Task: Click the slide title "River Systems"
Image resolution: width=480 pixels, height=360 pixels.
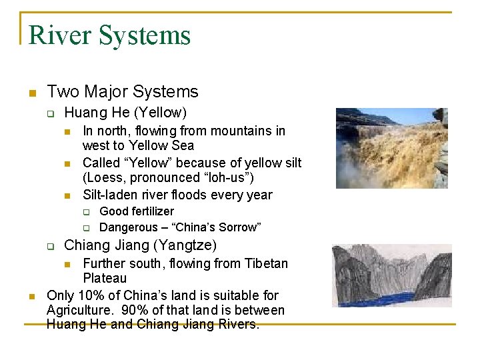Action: coord(110,35)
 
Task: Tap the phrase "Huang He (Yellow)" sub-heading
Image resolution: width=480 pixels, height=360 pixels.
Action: coord(125,113)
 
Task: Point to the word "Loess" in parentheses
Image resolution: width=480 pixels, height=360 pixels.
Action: coord(104,178)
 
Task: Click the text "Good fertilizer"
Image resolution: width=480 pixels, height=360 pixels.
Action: coord(137,211)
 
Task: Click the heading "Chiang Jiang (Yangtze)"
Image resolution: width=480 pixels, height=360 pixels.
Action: coord(140,245)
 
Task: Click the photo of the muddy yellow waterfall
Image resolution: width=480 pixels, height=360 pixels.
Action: coord(391,148)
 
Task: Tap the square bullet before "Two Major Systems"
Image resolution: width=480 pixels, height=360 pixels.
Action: coord(31,93)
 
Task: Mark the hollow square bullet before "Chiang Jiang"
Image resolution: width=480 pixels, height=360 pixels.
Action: coord(50,246)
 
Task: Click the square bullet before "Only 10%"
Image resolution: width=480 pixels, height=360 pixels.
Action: coord(31,296)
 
